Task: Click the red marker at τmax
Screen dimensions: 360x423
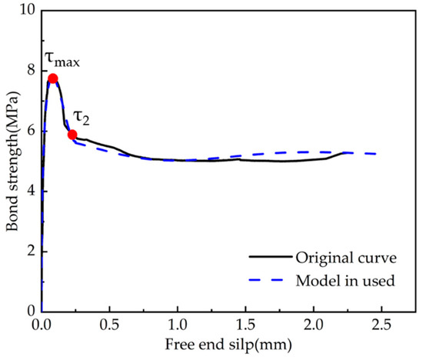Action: point(52,78)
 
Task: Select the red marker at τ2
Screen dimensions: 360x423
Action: point(72,135)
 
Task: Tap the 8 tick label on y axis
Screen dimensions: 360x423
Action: point(29,71)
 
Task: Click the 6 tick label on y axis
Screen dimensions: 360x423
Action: point(29,131)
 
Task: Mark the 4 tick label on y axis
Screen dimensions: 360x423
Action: point(29,192)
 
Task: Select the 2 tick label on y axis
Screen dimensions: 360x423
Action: point(29,252)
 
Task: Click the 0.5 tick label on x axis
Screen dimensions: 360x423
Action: point(109,325)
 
